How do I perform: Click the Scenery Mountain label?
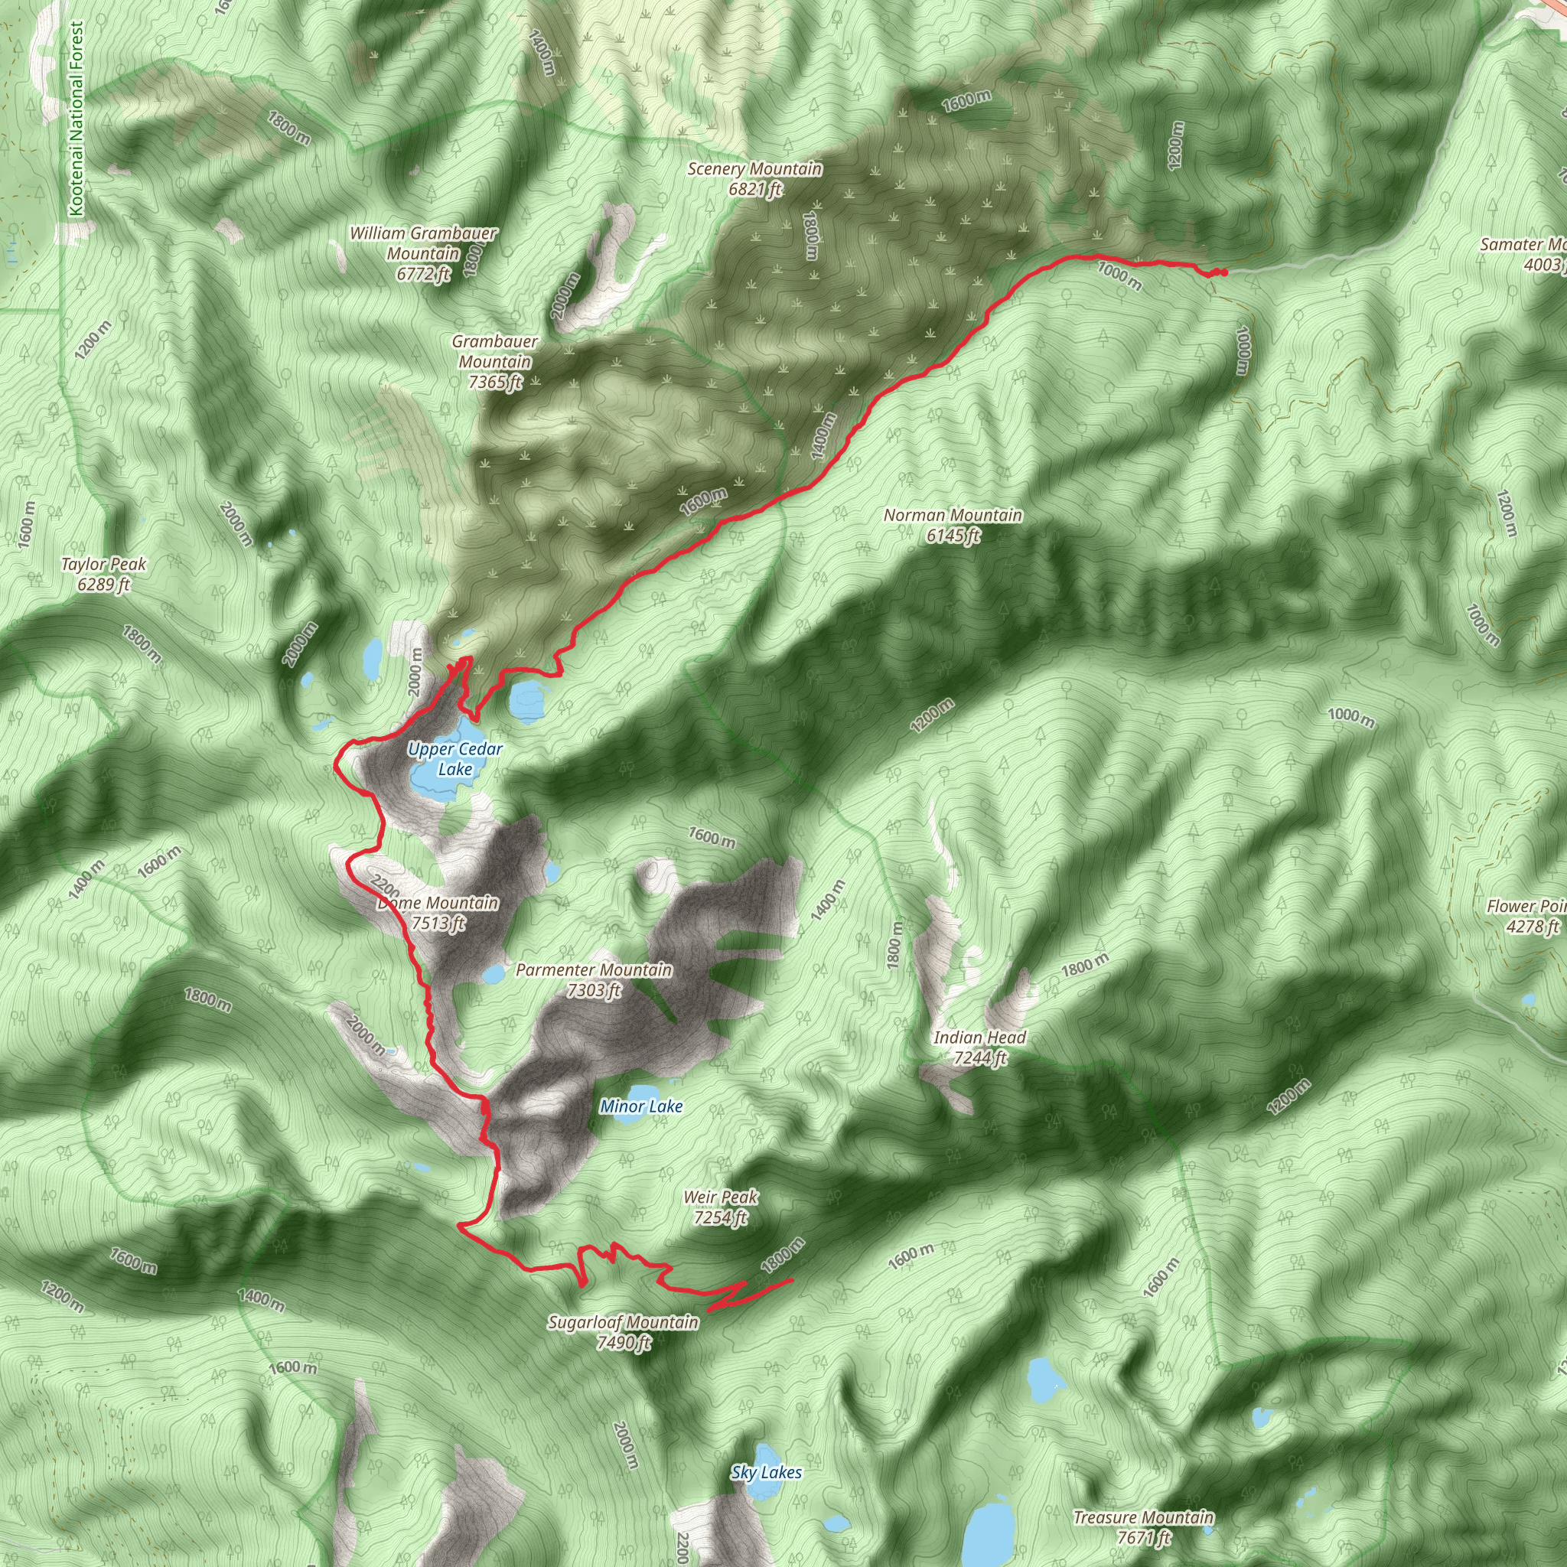coord(754,178)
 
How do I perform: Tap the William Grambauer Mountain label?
coord(423,253)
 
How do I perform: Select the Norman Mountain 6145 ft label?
coord(953,525)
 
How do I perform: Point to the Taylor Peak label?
coord(104,573)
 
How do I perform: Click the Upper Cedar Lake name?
coord(455,758)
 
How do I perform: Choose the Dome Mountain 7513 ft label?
coord(438,913)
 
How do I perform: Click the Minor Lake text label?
coord(641,1106)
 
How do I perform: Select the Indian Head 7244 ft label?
coord(980,1047)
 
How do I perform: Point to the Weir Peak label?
coord(721,1207)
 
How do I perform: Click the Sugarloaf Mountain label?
coord(623,1333)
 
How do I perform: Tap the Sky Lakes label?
coord(767,1472)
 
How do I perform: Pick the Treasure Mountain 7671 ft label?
coord(1144,1527)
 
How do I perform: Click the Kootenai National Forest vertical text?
coord(77,119)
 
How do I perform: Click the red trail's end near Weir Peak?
coord(792,1279)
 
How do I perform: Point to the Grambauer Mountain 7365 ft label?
coord(495,362)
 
